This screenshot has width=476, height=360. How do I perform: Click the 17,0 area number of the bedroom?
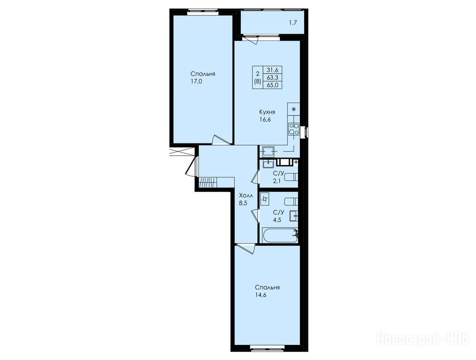click(x=196, y=82)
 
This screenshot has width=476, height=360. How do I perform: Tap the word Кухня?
click(x=267, y=112)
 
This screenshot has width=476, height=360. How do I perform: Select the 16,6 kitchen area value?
click(x=265, y=120)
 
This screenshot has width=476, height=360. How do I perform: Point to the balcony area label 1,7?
click(x=293, y=22)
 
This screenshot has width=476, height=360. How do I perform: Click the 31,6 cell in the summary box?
click(x=272, y=69)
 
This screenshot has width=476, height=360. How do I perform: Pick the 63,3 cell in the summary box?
click(x=272, y=77)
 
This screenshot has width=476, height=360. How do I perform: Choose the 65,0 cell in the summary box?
click(x=272, y=85)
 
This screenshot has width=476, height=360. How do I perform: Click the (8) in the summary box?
click(x=257, y=82)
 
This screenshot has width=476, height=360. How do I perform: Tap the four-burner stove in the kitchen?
click(x=294, y=129)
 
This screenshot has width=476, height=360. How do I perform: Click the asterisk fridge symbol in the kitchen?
click(x=294, y=109)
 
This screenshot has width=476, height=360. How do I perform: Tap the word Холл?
click(x=246, y=195)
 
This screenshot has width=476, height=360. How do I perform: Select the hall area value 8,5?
click(x=243, y=203)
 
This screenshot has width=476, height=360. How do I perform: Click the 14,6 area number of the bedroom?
click(x=260, y=295)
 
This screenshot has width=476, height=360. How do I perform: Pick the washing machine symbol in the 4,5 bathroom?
click(x=265, y=199)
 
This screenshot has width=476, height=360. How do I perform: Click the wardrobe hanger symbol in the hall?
click(x=208, y=182)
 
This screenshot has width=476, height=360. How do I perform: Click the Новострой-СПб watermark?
click(x=423, y=338)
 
